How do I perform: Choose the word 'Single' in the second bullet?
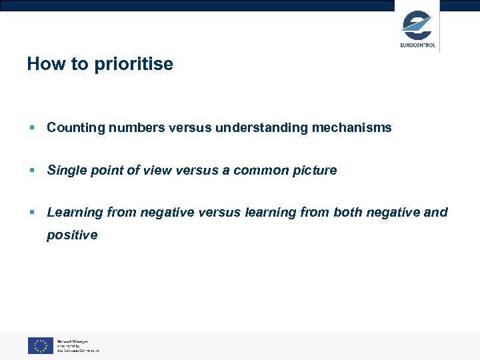pyautogui.click(x=65, y=170)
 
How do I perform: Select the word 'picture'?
pyautogui.click(x=315, y=170)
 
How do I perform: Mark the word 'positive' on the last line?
pyautogui.click(x=72, y=235)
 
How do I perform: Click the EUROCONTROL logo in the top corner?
pyautogui.click(x=417, y=28)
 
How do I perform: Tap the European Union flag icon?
pyautogui.click(x=41, y=345)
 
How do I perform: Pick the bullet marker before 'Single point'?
pyautogui.click(x=31, y=171)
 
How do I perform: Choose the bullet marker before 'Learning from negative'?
pyautogui.click(x=31, y=213)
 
